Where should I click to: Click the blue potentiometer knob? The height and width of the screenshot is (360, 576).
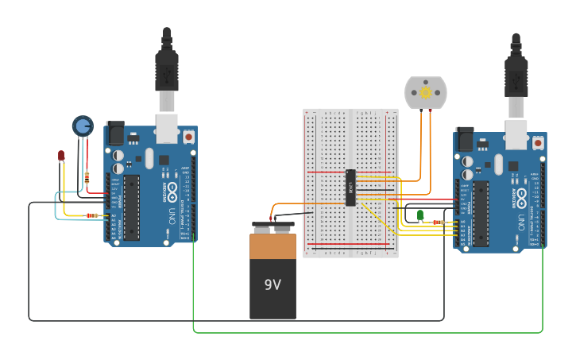83,126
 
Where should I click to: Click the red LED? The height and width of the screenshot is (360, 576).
61,156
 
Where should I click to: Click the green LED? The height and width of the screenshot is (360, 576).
420,215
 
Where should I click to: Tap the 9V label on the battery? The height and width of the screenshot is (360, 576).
273,284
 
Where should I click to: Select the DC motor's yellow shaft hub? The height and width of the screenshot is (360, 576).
425,93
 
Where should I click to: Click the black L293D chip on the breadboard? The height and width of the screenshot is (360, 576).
350,188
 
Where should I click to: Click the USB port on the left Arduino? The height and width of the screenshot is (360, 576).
167,127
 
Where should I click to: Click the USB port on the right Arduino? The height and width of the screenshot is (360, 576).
516,134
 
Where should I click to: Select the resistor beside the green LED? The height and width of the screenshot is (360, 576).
438,223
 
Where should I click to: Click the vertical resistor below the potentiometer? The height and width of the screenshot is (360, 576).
87,178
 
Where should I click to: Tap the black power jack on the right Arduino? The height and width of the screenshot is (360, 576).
464,139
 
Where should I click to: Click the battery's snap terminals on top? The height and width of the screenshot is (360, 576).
273,229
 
